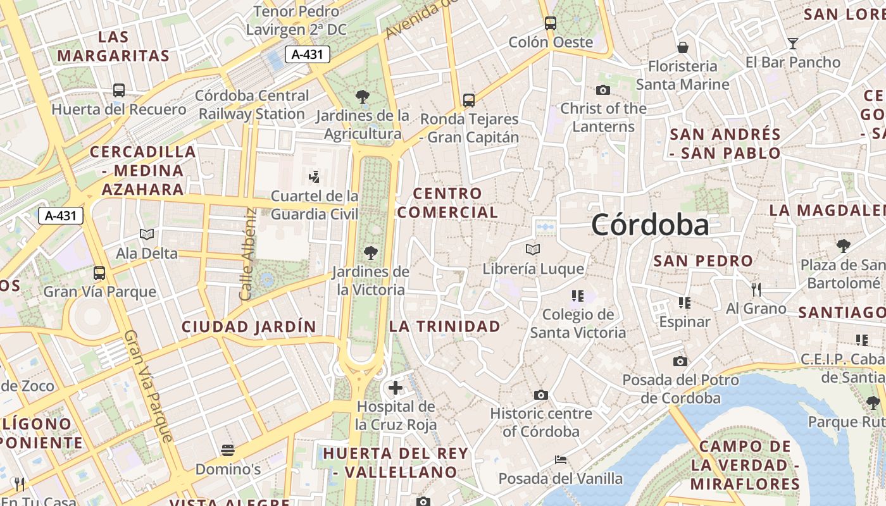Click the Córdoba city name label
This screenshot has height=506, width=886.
[x=650, y=225]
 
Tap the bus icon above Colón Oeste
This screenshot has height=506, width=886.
[x=551, y=23]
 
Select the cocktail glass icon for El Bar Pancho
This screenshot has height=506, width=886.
[x=792, y=44]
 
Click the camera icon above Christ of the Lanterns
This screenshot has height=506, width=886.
[x=603, y=90]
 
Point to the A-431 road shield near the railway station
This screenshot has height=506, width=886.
[x=307, y=54]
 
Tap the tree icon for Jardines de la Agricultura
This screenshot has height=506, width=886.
[x=363, y=97]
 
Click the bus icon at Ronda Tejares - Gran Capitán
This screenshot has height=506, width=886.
[x=469, y=101]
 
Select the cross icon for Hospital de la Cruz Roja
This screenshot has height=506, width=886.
[x=396, y=388]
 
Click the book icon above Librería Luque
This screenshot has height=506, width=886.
[x=533, y=250]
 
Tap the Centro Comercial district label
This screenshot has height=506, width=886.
[x=447, y=202]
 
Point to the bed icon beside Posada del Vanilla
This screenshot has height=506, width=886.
[x=560, y=460]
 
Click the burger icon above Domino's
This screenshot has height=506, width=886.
[x=228, y=450]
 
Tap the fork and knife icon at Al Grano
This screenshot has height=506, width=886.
[x=756, y=290]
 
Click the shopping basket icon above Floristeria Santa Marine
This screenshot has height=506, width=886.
[x=683, y=47]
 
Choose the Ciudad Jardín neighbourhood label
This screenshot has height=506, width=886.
[x=249, y=326]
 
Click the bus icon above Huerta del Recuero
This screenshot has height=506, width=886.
[x=119, y=90]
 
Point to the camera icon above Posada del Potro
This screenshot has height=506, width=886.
[x=680, y=362]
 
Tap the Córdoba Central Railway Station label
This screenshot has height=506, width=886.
[x=252, y=105]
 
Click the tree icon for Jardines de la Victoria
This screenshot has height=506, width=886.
[x=371, y=254]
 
